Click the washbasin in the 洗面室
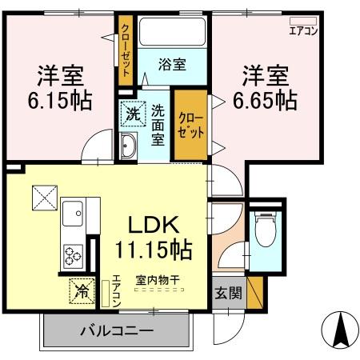pyautogui.click(x=130, y=145)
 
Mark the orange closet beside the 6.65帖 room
pyautogui.click(x=192, y=124)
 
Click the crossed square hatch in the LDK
pyautogui.click(x=43, y=196)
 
